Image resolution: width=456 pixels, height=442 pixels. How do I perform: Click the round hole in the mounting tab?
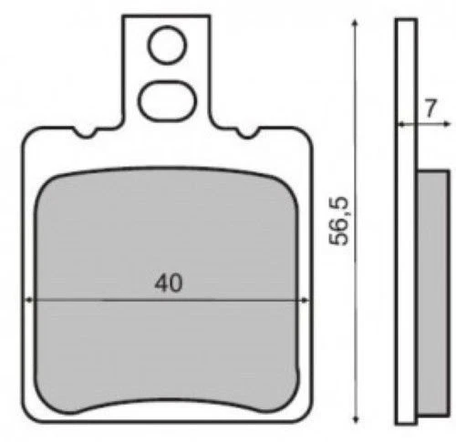point(166,45)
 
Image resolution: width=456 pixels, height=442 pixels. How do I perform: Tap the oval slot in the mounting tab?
point(166,99)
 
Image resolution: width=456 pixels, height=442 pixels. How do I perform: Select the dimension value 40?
point(167,283)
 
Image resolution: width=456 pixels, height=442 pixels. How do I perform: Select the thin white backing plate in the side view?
point(406,228)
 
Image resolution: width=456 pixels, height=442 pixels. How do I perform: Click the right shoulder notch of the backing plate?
point(247,134)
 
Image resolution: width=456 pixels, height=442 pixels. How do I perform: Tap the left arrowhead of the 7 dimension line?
point(399,123)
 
